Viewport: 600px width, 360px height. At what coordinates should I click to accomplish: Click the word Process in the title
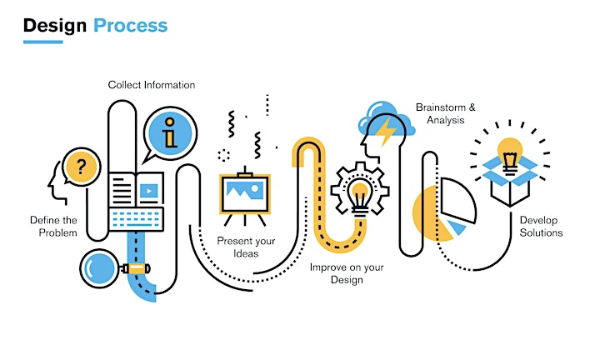131,26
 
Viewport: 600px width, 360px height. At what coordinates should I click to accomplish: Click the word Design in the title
55,26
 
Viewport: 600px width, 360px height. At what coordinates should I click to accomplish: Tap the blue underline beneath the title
42,42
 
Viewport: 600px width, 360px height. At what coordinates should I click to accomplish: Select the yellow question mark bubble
81,167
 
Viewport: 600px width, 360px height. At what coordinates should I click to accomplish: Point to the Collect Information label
152,84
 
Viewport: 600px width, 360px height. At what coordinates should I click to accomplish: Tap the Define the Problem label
53,227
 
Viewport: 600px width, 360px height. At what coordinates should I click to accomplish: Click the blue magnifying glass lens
99,268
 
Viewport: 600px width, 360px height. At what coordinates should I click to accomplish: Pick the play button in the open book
149,191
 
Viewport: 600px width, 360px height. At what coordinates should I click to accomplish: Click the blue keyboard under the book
136,219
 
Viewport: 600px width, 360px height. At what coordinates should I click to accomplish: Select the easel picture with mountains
245,194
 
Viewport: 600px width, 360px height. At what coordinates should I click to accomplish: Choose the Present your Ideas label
246,247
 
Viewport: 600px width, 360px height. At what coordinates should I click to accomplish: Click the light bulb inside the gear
360,197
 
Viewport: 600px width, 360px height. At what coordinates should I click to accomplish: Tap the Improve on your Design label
347,273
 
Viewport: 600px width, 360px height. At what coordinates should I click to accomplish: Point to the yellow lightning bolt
387,131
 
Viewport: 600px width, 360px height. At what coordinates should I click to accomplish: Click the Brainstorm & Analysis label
446,113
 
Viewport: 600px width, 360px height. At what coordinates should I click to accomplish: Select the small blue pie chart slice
457,227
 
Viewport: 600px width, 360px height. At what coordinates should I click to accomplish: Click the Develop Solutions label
541,227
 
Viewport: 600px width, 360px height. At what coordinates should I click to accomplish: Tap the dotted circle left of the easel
224,155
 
